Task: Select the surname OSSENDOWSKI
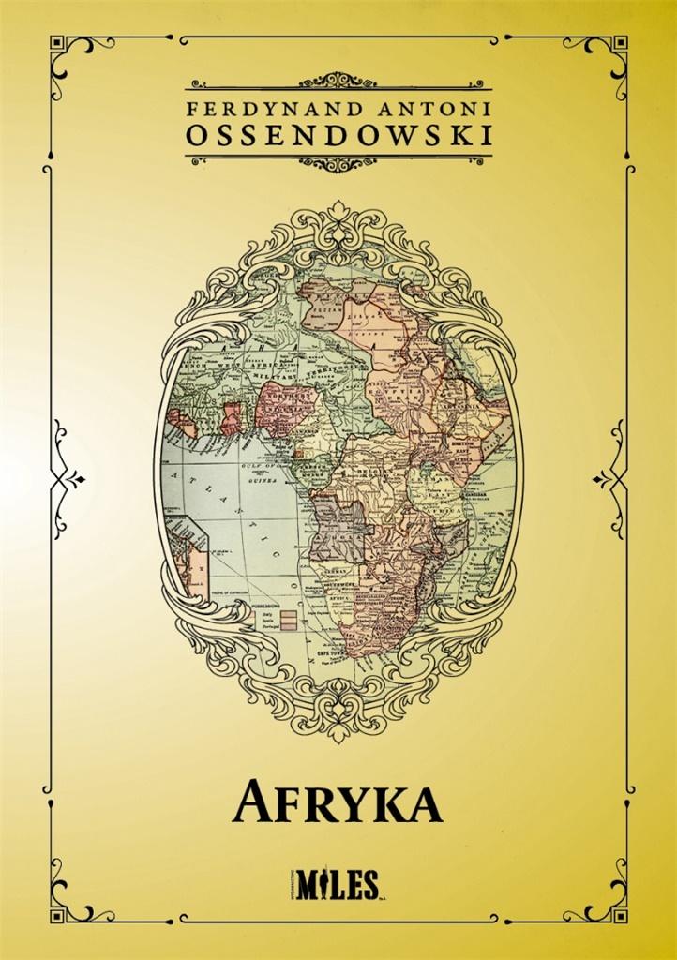point(338,136)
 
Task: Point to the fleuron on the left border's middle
point(68,478)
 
